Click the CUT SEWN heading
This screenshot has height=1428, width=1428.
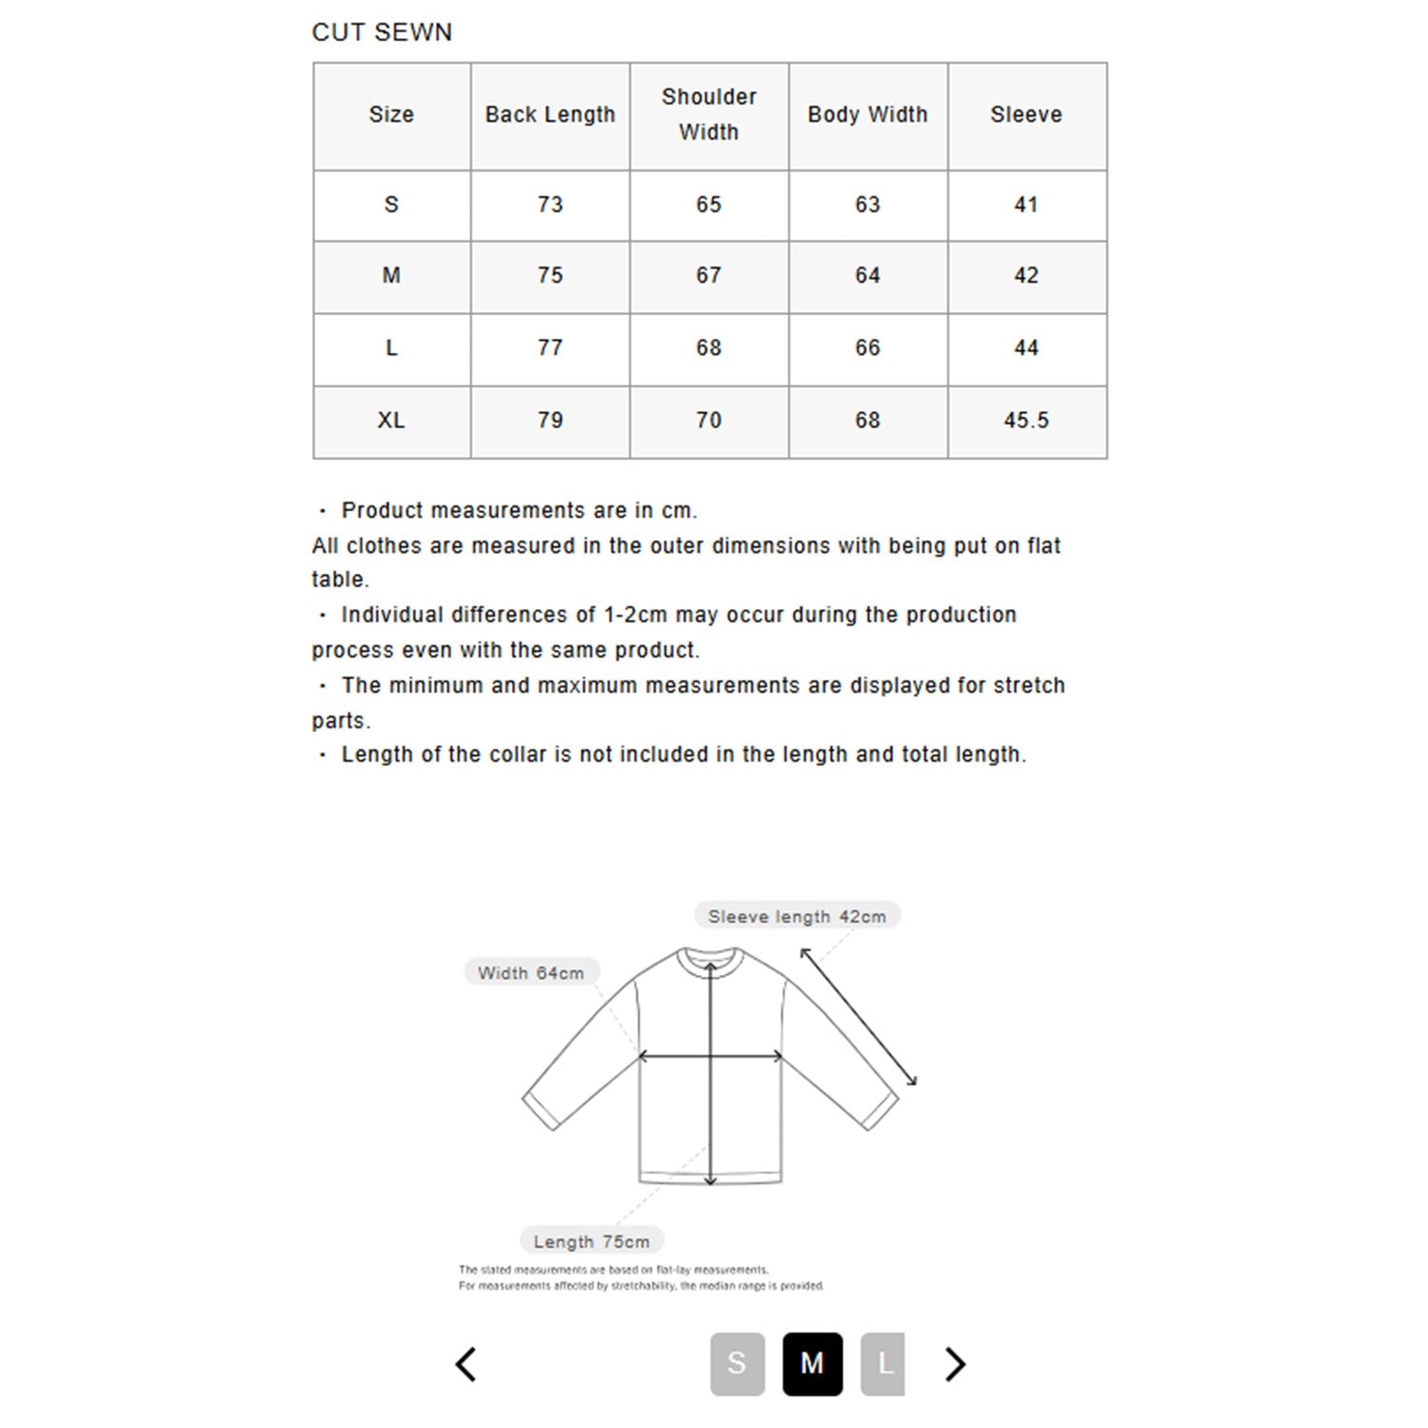382,32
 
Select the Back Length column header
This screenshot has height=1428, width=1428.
550,115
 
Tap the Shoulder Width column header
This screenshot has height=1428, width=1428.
709,115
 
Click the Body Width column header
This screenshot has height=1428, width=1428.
867,115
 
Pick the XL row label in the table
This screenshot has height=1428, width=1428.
391,421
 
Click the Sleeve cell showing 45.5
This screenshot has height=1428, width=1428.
1026,421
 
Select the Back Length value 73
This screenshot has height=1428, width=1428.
550,205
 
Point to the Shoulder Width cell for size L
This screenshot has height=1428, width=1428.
709,348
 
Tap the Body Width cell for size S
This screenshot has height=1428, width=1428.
867,205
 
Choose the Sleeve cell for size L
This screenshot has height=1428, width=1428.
1026,348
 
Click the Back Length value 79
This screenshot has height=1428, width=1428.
550,421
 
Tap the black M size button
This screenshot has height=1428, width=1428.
812,1363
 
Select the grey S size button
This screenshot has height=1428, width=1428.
737,1363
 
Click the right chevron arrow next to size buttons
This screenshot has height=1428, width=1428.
955,1364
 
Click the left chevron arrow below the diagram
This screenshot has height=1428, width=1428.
466,1364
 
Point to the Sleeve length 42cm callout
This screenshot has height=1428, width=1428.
797,917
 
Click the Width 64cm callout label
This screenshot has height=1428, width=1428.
531,973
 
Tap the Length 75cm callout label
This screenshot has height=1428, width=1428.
591,1241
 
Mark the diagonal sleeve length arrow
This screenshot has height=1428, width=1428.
859,1017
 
